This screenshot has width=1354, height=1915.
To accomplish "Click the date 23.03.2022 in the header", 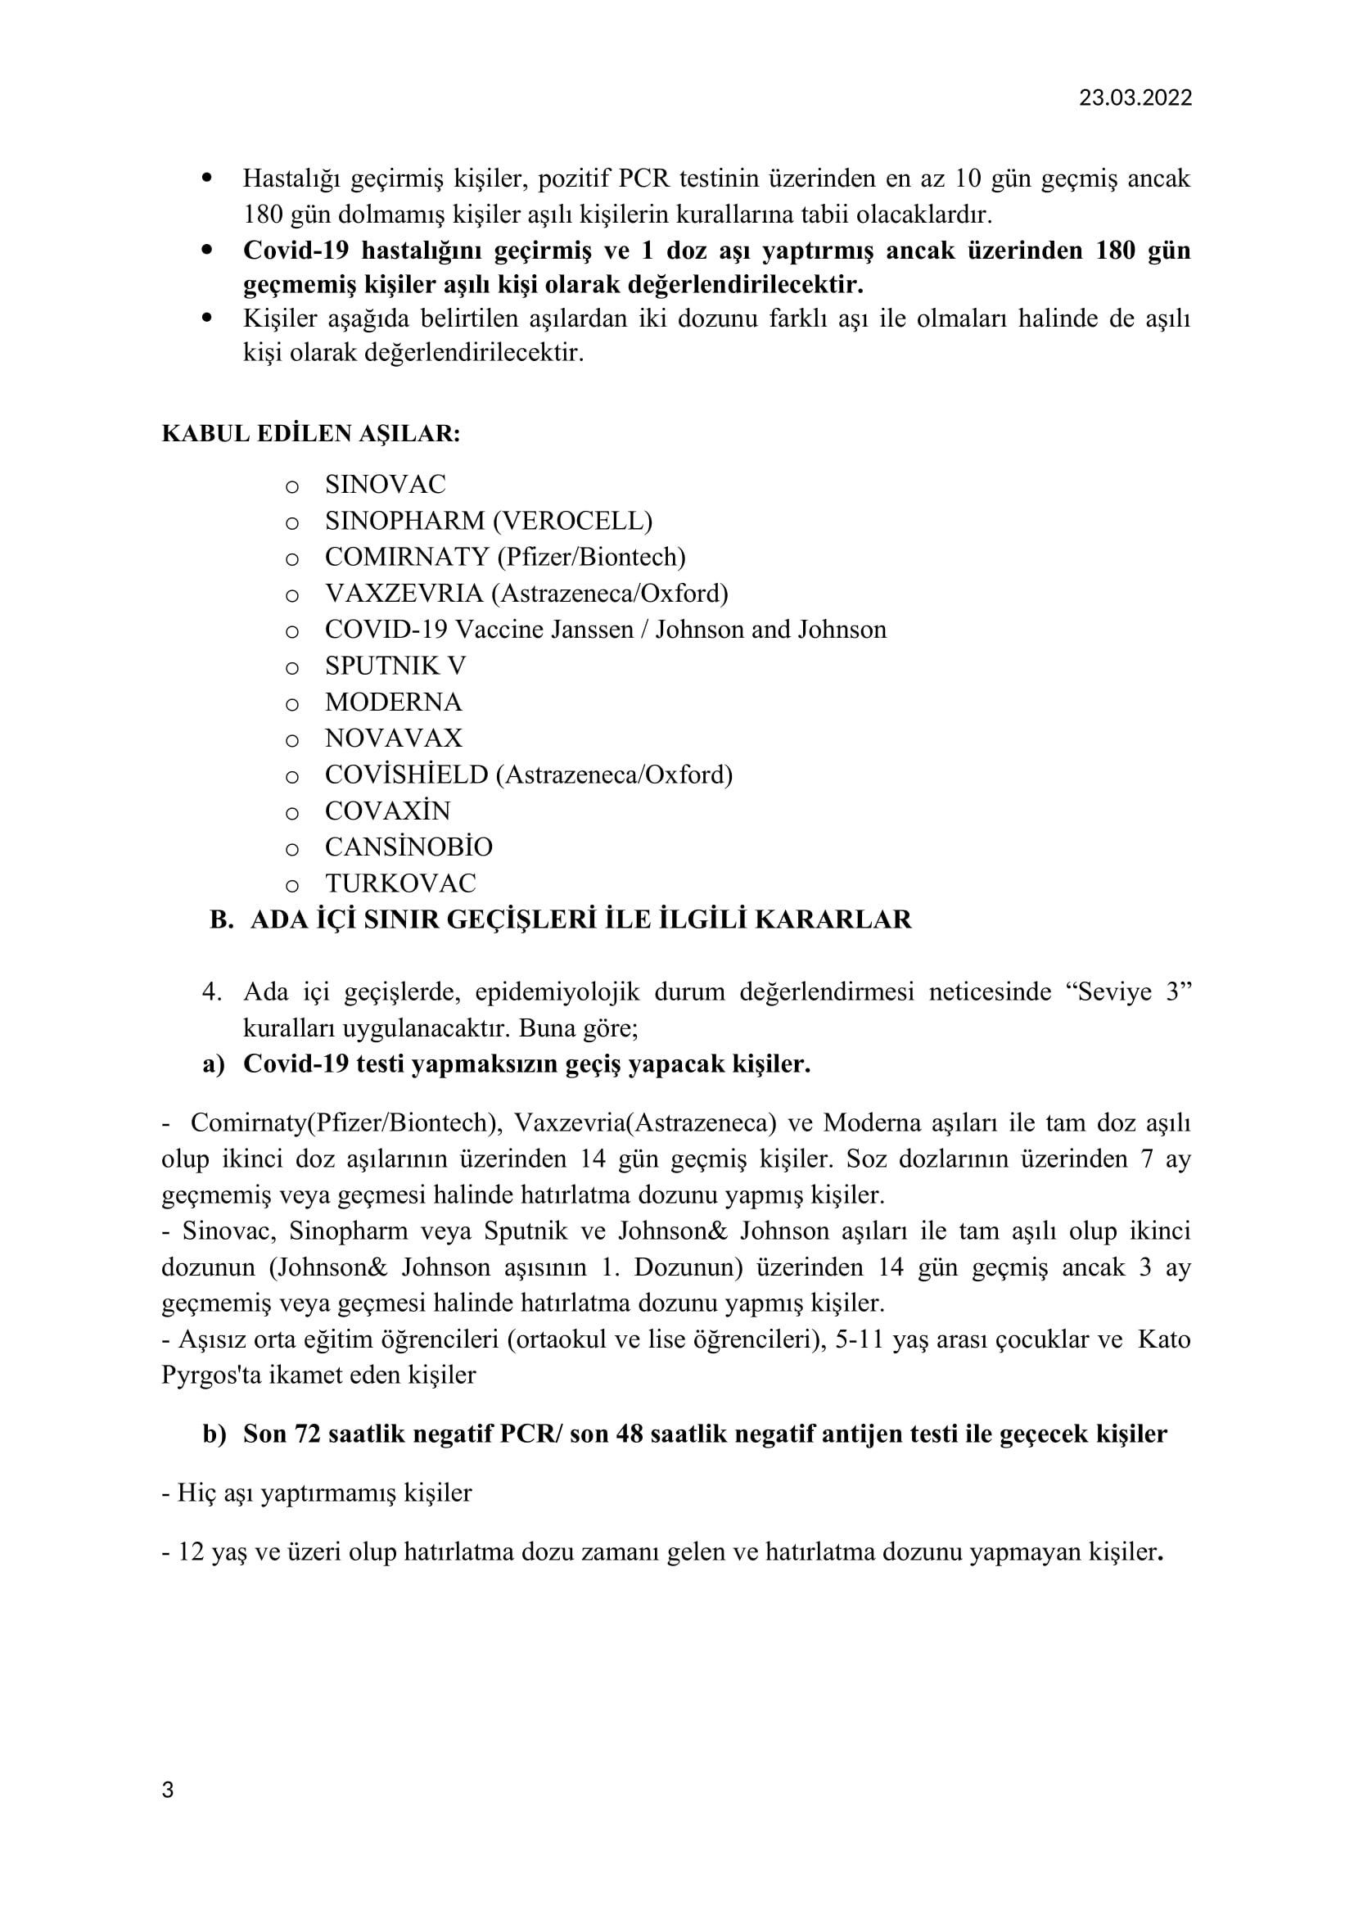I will click(x=1135, y=97).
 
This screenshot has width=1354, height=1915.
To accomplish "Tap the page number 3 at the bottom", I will click(x=168, y=1790).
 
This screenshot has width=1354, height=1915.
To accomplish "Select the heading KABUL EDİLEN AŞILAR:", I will click(x=311, y=434).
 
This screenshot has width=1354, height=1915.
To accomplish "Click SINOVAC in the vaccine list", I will click(x=386, y=484).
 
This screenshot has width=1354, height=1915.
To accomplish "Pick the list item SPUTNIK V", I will click(x=395, y=666).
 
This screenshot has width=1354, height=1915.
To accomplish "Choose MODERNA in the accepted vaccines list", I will click(x=393, y=702).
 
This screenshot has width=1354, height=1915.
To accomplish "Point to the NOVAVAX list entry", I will click(x=394, y=738).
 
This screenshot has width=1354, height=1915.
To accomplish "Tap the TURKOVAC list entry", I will click(x=400, y=883).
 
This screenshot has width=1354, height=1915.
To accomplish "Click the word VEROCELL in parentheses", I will click(x=572, y=521).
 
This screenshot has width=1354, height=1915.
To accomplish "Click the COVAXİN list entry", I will click(x=388, y=811).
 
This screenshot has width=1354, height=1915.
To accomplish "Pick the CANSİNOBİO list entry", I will click(x=408, y=847).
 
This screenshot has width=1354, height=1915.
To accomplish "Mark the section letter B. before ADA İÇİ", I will click(x=221, y=919).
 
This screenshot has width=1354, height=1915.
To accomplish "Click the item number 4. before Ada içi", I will click(x=211, y=992).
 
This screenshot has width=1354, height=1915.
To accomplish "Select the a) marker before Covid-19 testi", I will click(x=214, y=1064).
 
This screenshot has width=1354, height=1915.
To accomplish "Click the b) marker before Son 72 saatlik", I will click(x=214, y=1434).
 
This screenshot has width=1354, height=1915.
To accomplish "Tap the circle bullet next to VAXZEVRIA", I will click(x=291, y=594).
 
